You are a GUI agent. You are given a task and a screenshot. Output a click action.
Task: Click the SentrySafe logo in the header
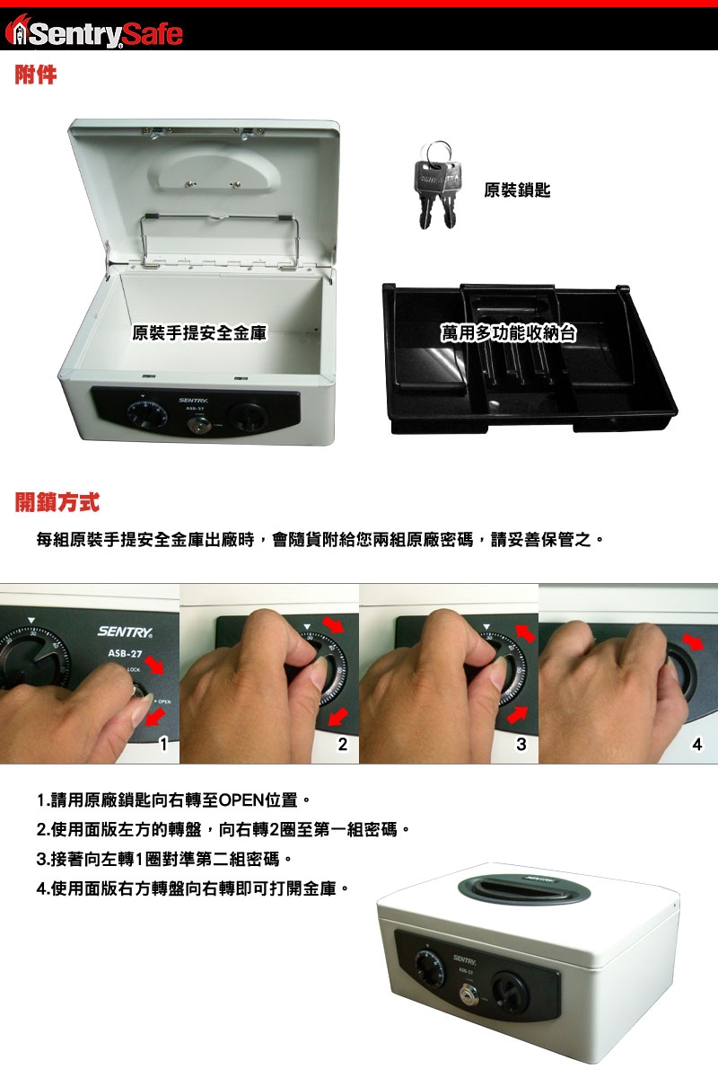(x=93, y=32)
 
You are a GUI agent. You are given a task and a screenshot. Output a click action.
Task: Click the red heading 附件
(x=36, y=75)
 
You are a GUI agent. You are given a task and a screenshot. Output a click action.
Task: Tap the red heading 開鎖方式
(x=57, y=502)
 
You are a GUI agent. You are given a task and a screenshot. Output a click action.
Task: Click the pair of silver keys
(x=436, y=185)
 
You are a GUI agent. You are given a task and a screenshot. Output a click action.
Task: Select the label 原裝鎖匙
(x=517, y=190)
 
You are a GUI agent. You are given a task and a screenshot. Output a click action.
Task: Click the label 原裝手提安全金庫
(x=199, y=332)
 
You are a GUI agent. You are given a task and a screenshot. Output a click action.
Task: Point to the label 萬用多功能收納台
(x=508, y=332)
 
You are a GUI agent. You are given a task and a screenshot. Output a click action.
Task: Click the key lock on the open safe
(x=196, y=425)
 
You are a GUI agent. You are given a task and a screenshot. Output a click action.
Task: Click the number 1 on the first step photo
(x=164, y=744)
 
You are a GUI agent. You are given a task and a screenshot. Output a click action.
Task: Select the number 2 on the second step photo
(x=343, y=744)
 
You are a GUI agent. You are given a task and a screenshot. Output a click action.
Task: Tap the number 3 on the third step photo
(x=521, y=744)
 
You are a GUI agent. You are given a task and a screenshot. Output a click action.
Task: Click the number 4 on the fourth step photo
(x=696, y=745)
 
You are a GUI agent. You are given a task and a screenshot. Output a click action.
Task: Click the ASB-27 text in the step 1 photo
(x=125, y=654)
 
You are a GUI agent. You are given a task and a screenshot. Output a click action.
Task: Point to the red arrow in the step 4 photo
(x=693, y=641)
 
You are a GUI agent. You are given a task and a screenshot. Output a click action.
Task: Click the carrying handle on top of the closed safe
(x=522, y=888)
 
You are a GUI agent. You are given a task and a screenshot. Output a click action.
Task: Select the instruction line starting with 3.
(x=164, y=859)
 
